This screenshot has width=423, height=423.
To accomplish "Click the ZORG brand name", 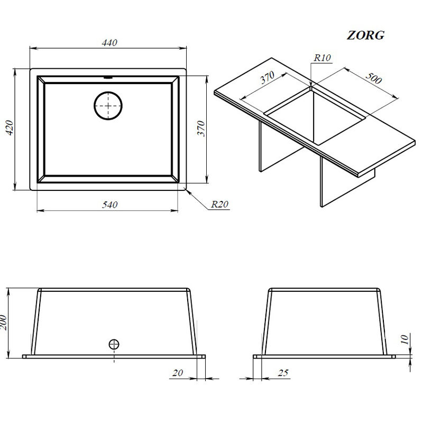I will coord(365,36).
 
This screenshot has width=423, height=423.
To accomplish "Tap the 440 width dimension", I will coord(109,43).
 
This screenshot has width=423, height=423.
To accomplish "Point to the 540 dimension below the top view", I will coord(109,205).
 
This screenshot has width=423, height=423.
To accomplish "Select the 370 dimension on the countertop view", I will coord(268,80).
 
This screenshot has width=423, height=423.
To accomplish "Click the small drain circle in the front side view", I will coord(114,344).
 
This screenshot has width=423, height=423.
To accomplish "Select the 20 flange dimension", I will coord(178,374).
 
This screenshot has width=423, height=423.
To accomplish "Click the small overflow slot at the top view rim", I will coord(109,77).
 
